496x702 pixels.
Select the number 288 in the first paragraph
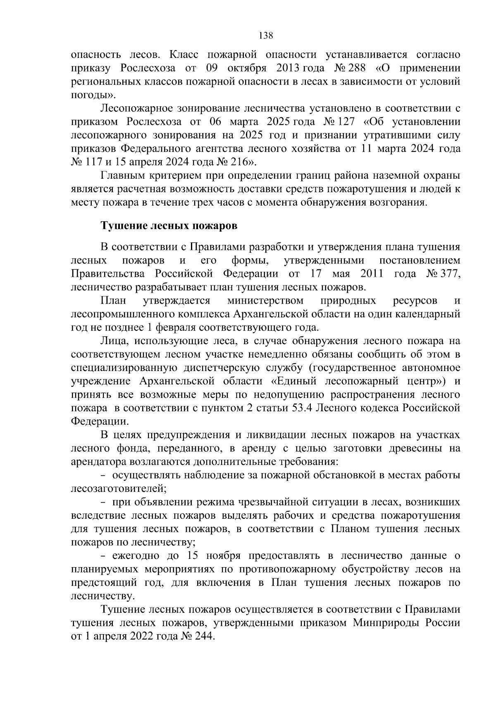(x=358, y=68)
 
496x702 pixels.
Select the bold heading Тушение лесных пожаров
(x=169, y=226)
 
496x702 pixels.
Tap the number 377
(x=448, y=274)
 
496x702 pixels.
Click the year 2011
(x=372, y=274)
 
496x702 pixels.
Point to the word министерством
(x=265, y=300)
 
